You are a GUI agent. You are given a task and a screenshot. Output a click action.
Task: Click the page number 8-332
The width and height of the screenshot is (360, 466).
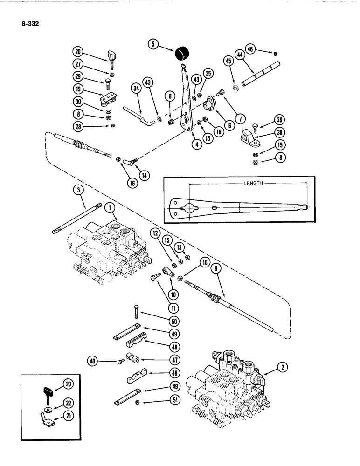click(29, 21)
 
